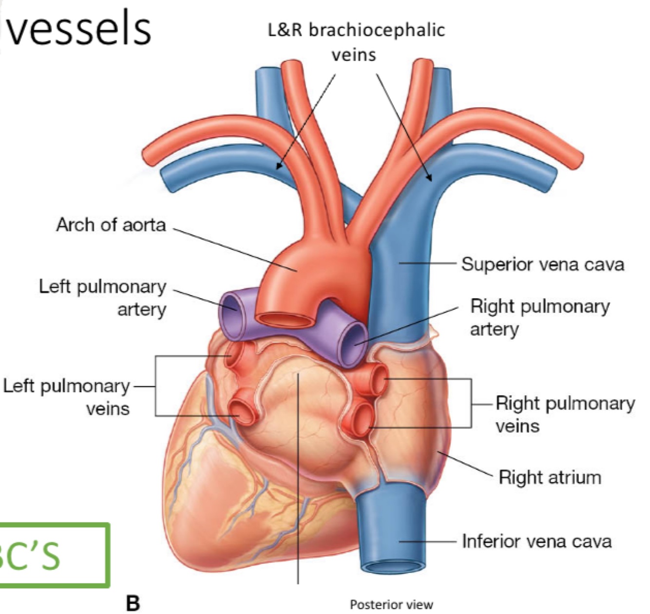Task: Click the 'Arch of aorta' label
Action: pos(111,225)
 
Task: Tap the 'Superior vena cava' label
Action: pos(542,264)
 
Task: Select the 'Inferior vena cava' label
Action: pos(536,541)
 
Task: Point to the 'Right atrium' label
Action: pos(550,478)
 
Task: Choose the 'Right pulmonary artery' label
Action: pos(539,317)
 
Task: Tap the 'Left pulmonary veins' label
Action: pos(67,397)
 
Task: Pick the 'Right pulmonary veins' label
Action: pos(565,414)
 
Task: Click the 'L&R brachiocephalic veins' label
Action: pos(356,41)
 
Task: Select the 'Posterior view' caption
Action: pos(391,605)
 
